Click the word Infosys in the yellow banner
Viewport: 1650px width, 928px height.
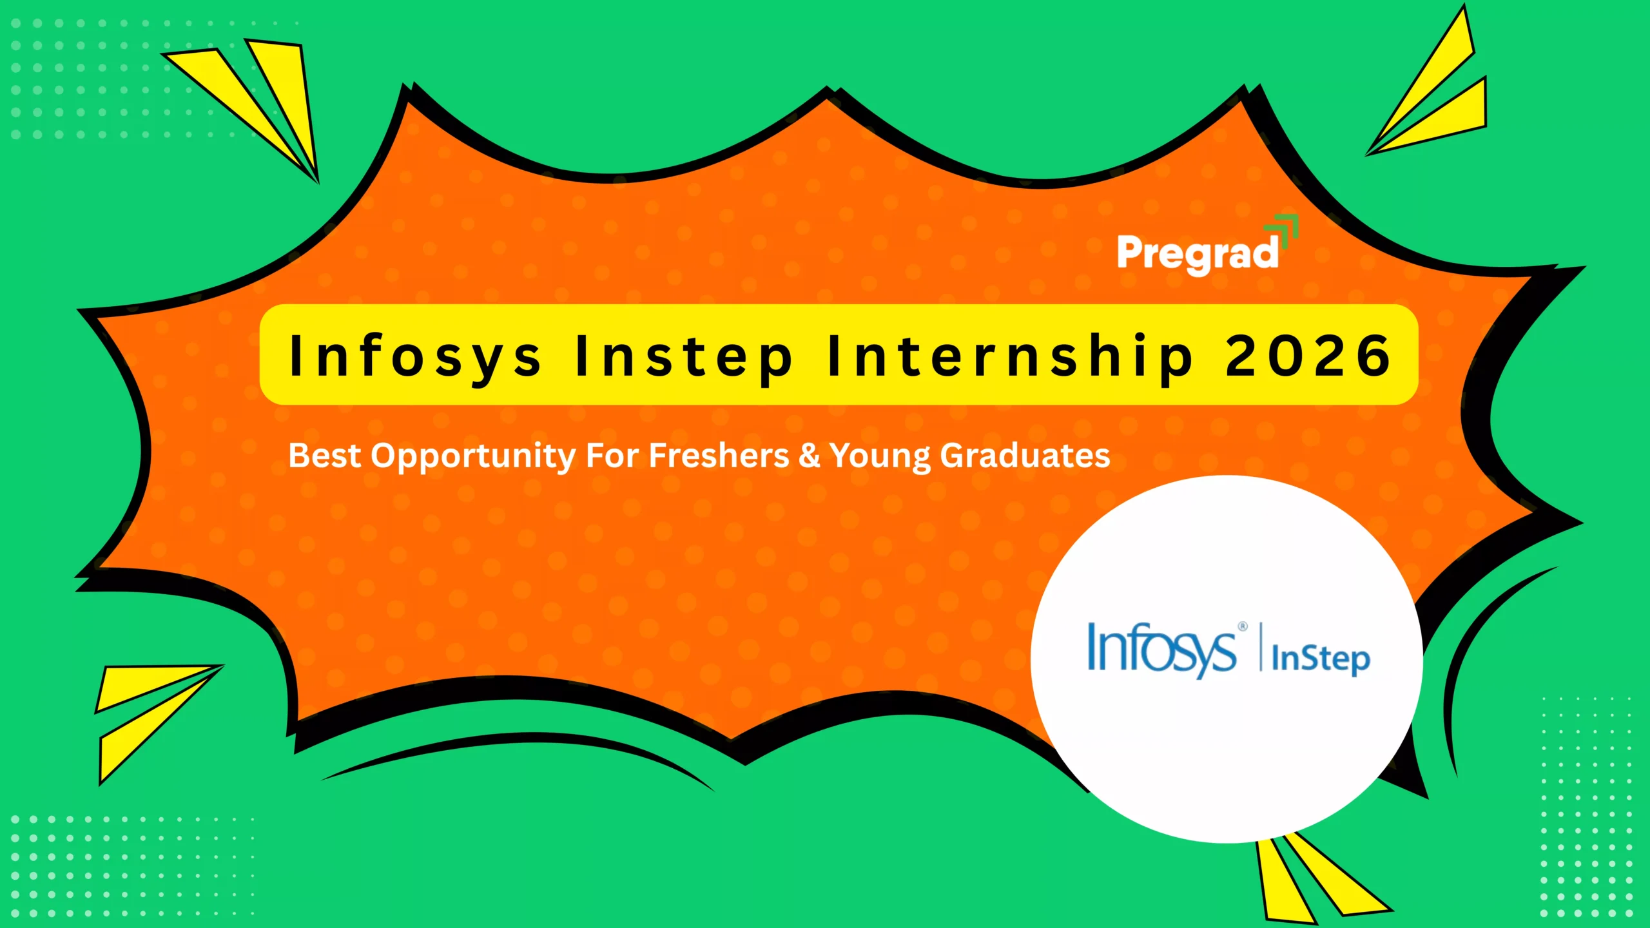[415, 356]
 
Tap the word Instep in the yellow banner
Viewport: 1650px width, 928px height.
[684, 356]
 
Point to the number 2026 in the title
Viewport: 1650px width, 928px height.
[1308, 356]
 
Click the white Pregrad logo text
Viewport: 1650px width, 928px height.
[1198, 254]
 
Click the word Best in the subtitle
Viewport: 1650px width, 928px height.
[324, 456]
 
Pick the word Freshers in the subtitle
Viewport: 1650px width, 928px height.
[719, 456]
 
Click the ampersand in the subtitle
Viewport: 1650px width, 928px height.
[809, 456]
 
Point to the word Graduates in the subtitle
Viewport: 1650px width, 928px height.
[1025, 456]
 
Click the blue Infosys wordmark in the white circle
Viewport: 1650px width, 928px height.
[1161, 649]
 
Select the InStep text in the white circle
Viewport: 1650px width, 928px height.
[1320, 659]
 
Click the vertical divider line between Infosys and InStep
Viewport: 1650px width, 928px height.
[1261, 647]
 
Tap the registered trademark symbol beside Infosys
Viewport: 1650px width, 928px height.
[1243, 626]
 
